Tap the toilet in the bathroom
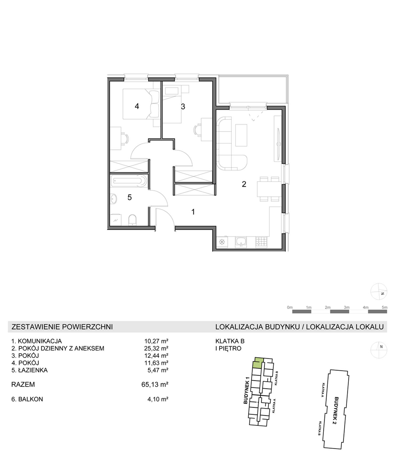tap(132, 220)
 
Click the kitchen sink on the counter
tap(241, 242)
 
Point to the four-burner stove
tap(261, 242)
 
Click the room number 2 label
tap(244, 184)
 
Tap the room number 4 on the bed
tap(137, 106)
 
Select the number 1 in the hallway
tap(193, 212)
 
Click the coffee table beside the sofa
tap(241, 135)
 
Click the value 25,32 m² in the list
tap(156, 348)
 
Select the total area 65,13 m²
tap(155, 385)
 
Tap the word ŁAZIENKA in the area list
tap(33, 370)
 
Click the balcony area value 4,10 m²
tap(158, 399)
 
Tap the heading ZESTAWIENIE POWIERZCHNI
tap(62, 327)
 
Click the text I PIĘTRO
tap(228, 348)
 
